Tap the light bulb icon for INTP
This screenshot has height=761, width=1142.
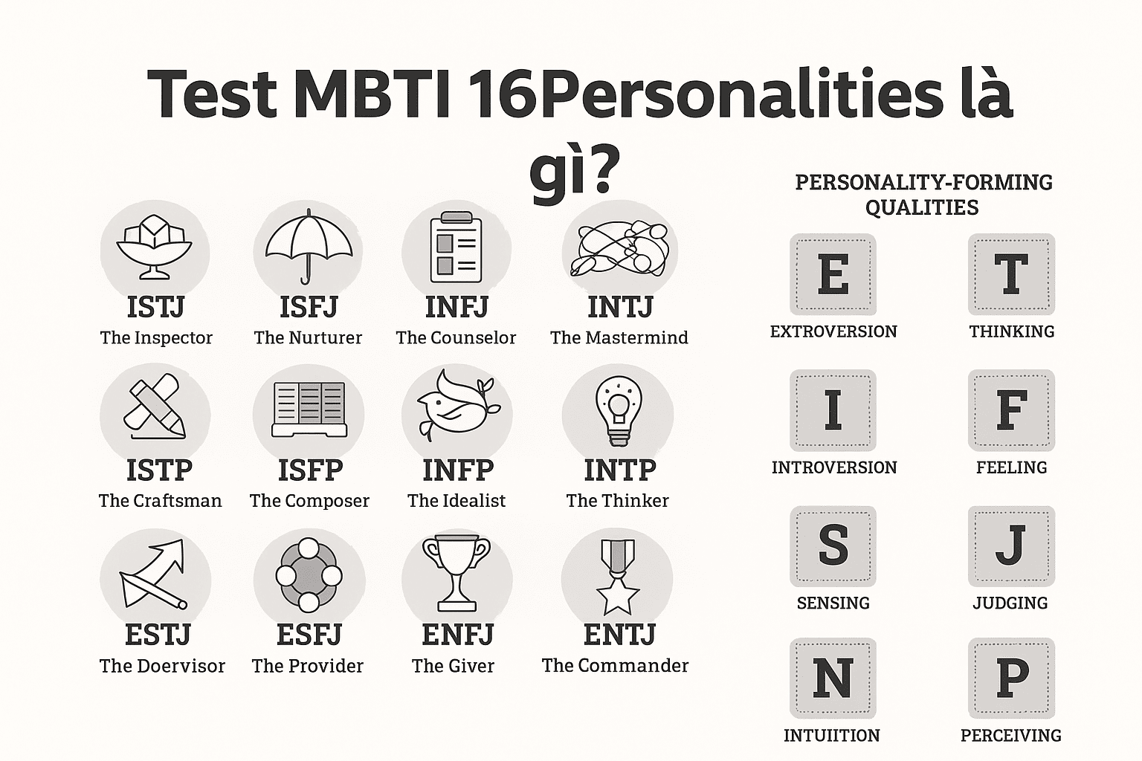click(618, 411)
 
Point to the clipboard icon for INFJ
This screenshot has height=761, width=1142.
click(456, 247)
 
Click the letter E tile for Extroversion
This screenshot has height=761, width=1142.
click(833, 274)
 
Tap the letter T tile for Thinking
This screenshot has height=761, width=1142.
click(1011, 274)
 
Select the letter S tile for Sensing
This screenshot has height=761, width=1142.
click(833, 545)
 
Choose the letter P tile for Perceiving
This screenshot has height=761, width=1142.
click(1011, 678)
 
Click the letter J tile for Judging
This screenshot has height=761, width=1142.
click(1011, 545)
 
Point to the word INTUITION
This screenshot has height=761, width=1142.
click(832, 736)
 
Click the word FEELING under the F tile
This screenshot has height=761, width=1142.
click(1011, 467)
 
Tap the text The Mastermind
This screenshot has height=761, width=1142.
click(619, 338)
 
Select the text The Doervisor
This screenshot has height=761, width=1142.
click(162, 666)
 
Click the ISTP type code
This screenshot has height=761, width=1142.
click(159, 470)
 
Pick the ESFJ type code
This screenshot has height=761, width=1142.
click(309, 635)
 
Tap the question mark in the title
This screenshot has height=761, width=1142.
click(599, 172)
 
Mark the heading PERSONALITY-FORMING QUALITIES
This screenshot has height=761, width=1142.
click(923, 194)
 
